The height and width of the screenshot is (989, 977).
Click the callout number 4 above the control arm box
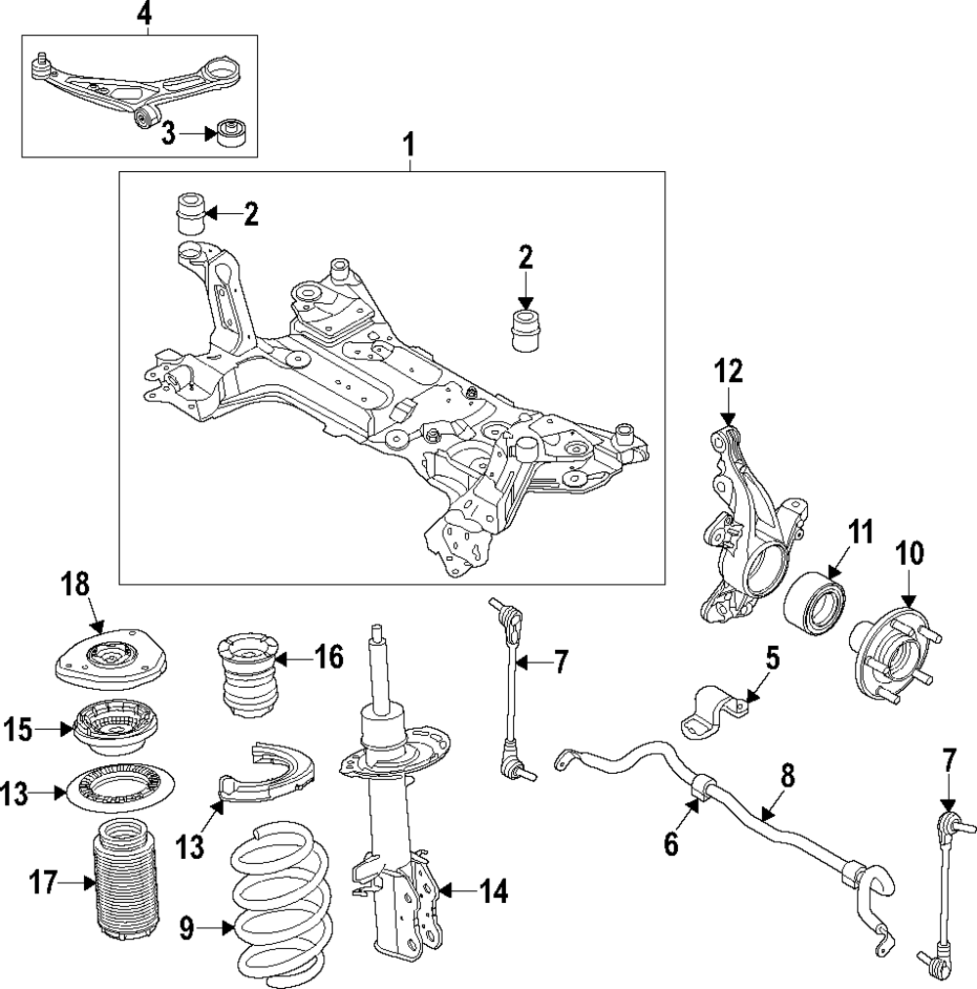click(145, 14)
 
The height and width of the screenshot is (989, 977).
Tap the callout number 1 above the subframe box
click(409, 145)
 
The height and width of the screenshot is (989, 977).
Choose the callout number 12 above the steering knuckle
click(729, 371)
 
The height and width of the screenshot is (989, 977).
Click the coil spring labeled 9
click(282, 903)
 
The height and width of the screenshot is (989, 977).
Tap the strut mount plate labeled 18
click(111, 659)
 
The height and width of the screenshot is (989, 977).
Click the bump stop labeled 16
click(248, 674)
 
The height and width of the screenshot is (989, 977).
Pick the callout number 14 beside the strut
click(493, 891)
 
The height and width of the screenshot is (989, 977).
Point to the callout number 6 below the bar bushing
click(671, 842)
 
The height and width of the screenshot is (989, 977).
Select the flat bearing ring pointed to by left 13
click(120, 789)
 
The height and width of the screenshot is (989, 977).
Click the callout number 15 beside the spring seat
click(19, 730)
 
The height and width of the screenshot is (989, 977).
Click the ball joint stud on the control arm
click(40, 63)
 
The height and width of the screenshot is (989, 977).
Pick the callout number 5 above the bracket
click(773, 659)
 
